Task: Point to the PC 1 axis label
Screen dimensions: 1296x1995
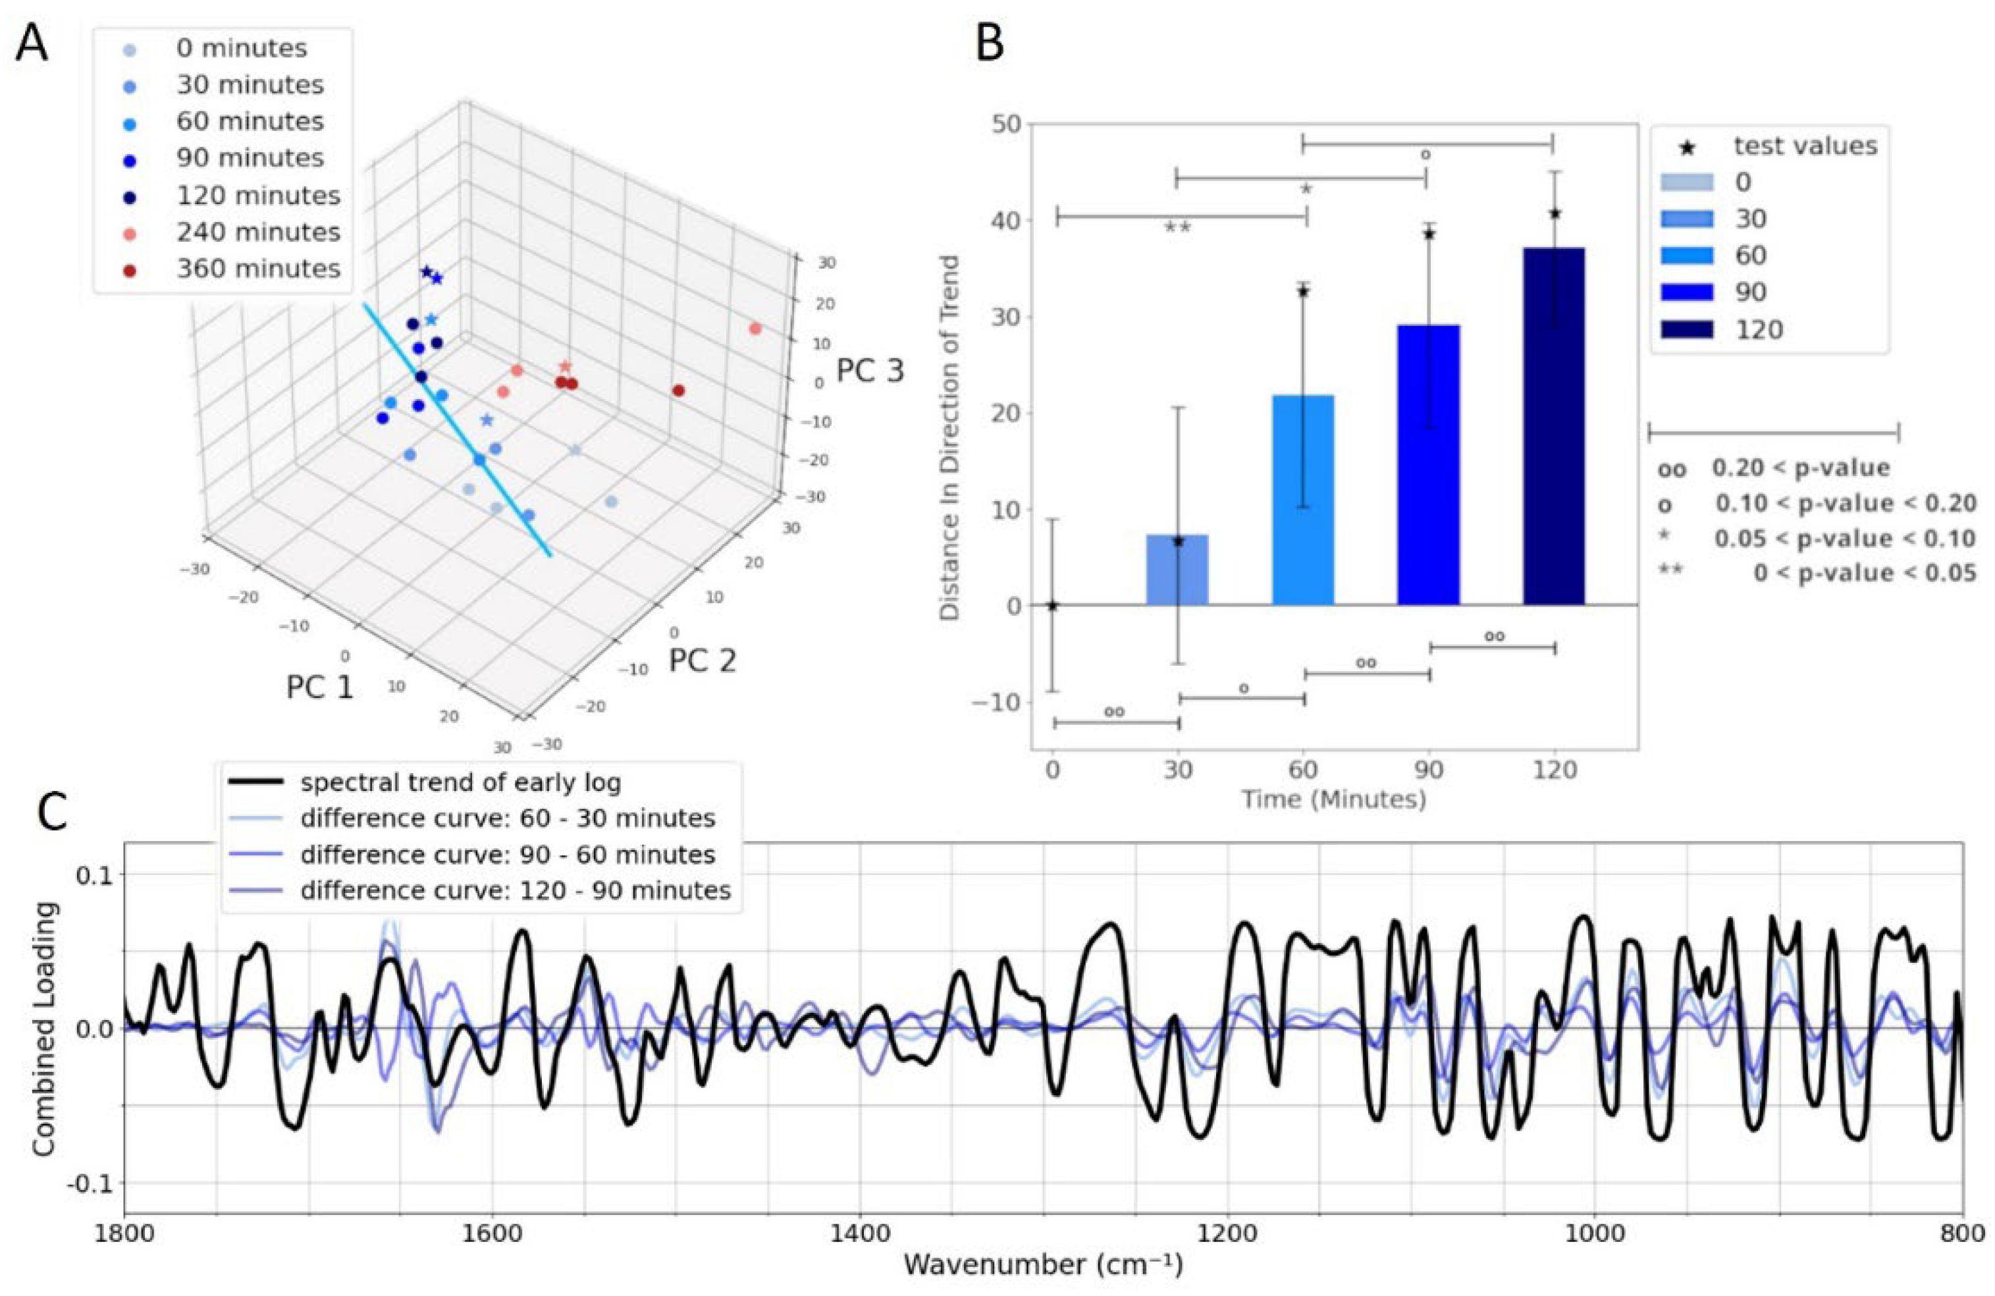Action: click(x=319, y=687)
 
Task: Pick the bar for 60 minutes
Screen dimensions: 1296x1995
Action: click(x=1302, y=500)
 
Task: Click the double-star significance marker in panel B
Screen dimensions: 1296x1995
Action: click(x=1177, y=227)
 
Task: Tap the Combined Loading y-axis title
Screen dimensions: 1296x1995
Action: click(x=43, y=1029)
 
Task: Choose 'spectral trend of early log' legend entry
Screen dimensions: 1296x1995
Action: click(x=460, y=782)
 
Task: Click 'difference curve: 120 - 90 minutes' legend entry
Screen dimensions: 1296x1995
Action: click(x=515, y=890)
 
